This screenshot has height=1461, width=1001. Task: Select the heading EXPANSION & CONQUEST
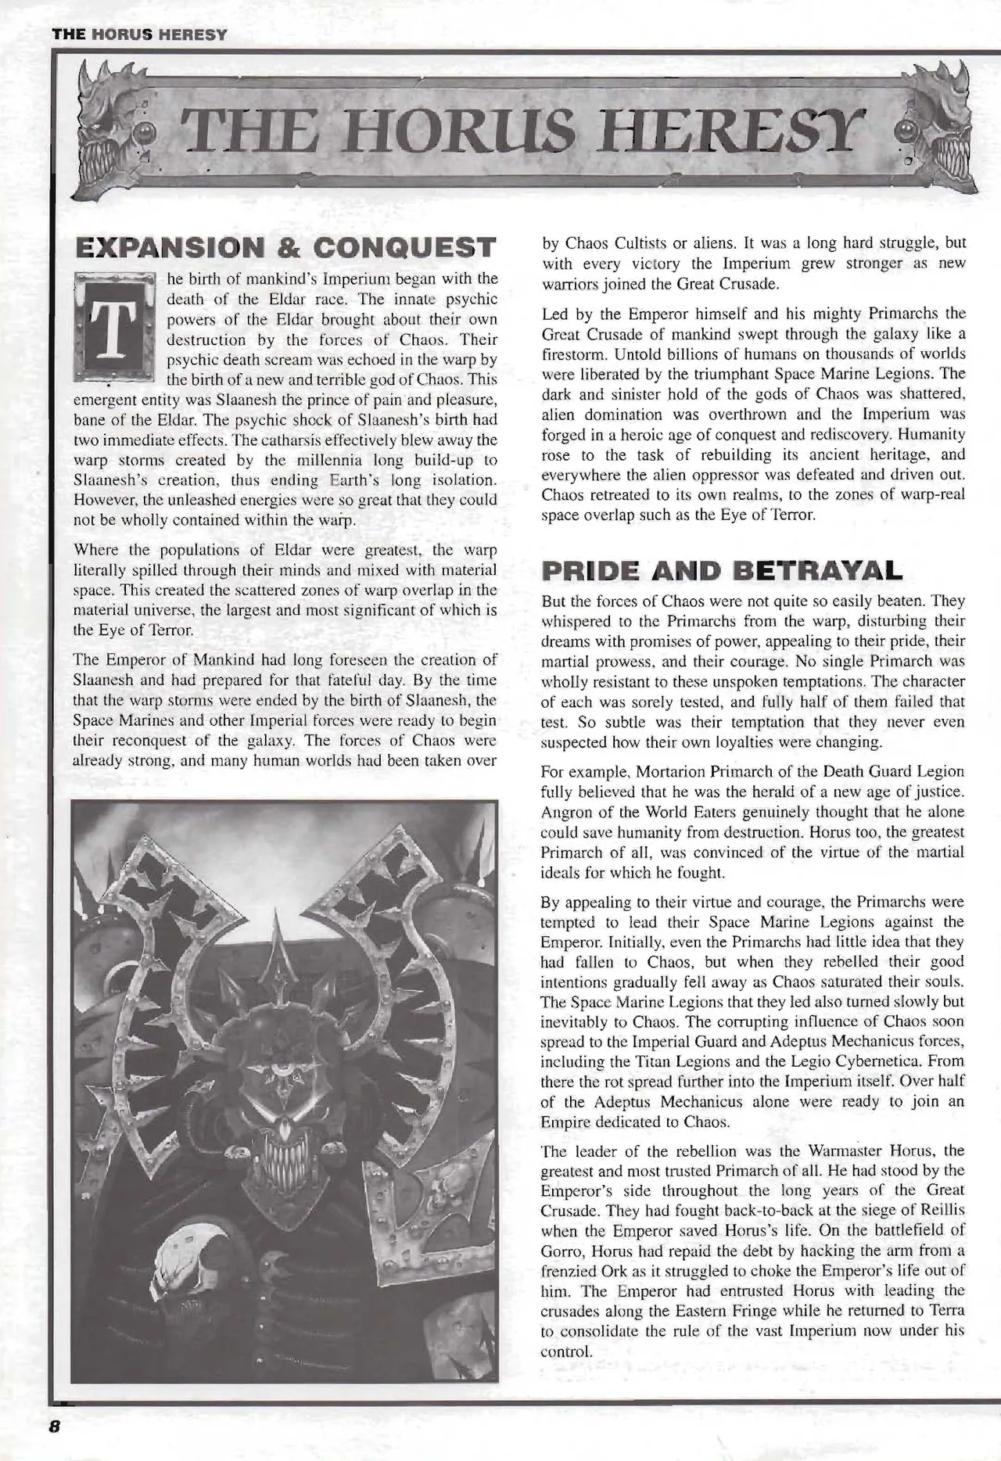tap(285, 247)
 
